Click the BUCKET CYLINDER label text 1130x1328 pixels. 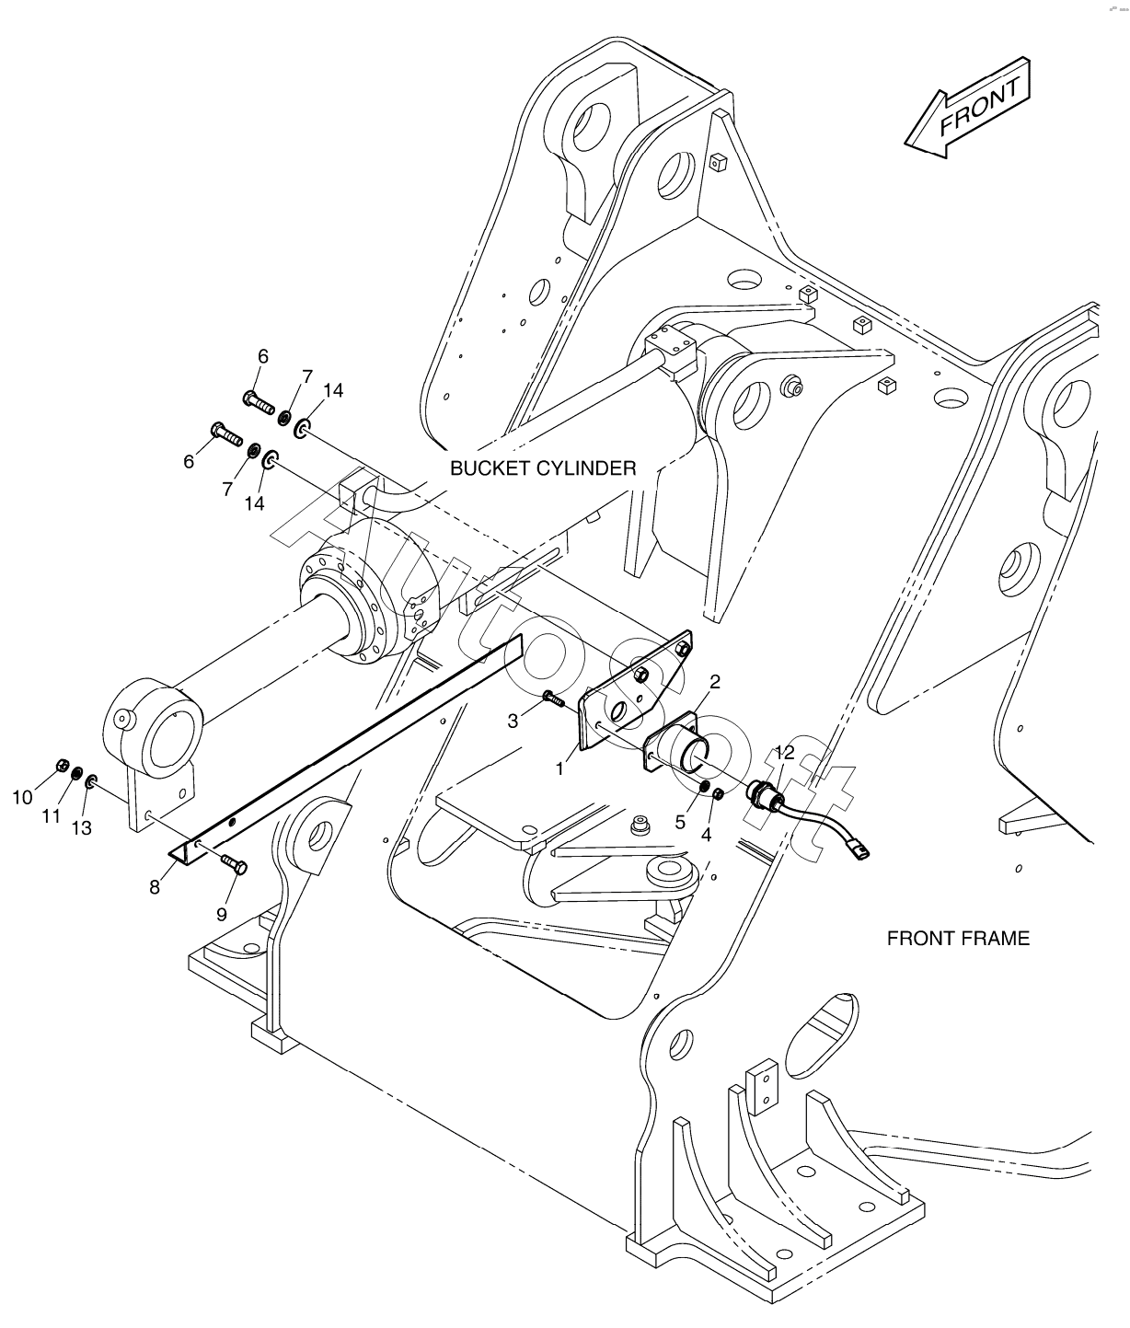tap(543, 468)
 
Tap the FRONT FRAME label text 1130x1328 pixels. tap(958, 938)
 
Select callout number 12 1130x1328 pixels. tap(784, 753)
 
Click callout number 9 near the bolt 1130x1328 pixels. tap(222, 914)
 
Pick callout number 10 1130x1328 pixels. tap(22, 797)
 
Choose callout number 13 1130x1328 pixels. tap(81, 827)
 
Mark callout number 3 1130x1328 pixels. tap(513, 722)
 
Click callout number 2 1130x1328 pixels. tap(714, 682)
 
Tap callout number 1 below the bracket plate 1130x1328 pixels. tap(559, 768)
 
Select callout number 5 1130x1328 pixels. tap(680, 822)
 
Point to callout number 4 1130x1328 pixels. tap(707, 835)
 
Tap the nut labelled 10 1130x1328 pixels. tap(62, 764)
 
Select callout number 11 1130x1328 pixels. tap(52, 815)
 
